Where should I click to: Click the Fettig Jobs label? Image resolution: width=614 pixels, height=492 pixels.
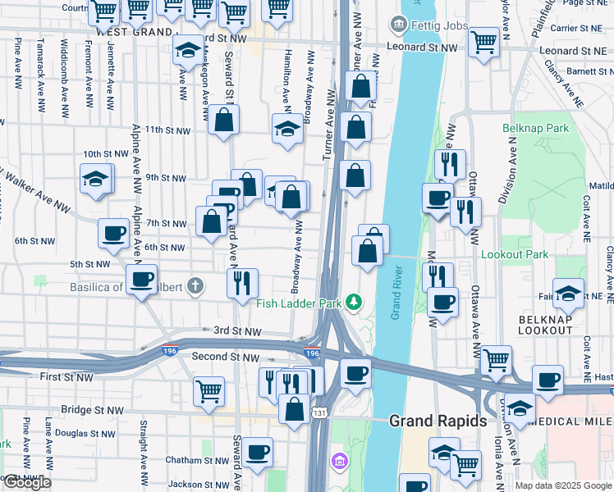pos(440,25)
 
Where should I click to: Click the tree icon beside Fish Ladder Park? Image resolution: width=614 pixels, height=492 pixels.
pos(354,303)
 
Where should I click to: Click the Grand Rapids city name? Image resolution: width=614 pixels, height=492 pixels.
pos(438,421)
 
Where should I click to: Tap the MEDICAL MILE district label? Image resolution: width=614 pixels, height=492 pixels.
pos(575,421)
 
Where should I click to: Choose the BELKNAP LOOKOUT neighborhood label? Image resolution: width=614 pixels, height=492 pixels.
pos(546,323)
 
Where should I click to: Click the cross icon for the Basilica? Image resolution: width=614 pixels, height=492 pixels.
pos(194,285)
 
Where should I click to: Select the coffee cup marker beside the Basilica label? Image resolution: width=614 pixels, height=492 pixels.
pos(142,279)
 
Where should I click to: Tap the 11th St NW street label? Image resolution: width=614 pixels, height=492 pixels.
pos(167,130)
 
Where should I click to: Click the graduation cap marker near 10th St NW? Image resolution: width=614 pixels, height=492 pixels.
pos(95,178)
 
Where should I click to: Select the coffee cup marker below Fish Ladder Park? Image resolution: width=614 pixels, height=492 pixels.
pos(355,373)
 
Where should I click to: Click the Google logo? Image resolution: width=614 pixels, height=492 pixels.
pos(26,483)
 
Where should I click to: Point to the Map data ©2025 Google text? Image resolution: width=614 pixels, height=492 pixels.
pos(562,485)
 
